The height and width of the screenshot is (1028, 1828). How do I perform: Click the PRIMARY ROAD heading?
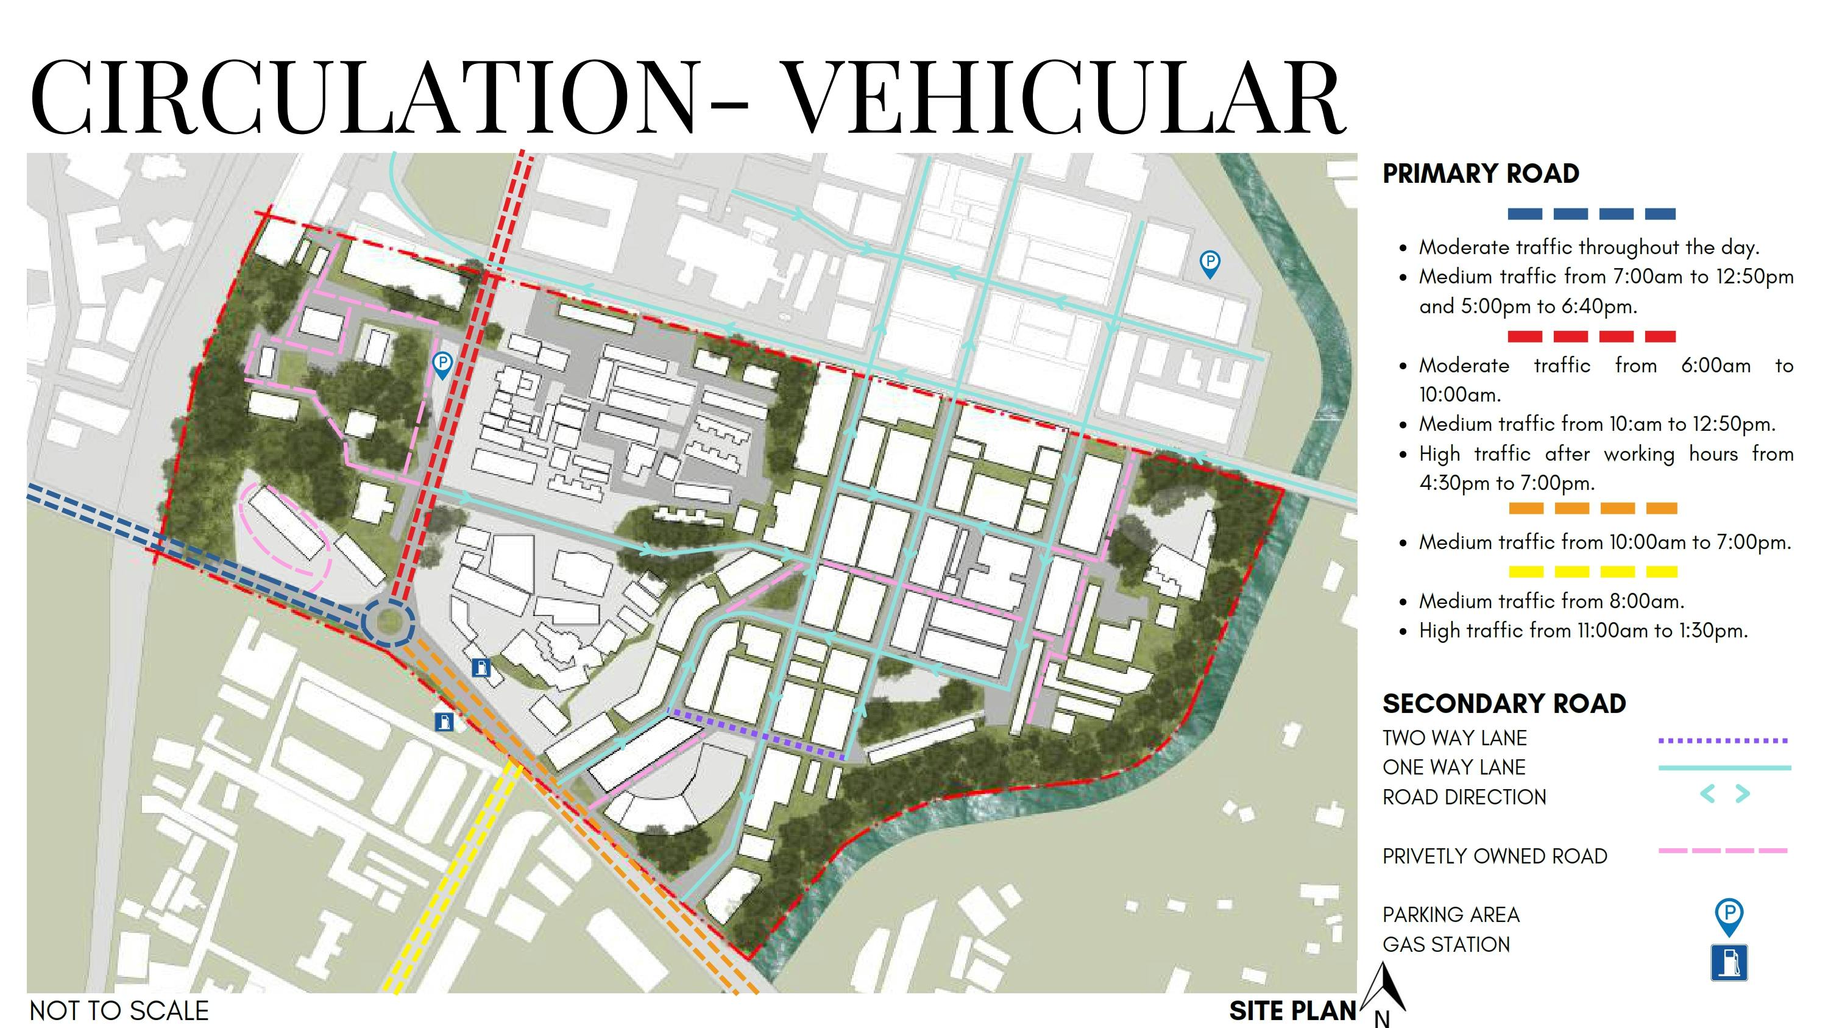[1480, 174]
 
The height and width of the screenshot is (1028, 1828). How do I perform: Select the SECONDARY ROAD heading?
[1504, 704]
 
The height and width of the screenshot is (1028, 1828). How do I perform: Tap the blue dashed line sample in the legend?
[1591, 213]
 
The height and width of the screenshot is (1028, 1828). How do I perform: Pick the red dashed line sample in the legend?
[1591, 336]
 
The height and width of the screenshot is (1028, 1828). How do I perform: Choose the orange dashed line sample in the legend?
[1592, 508]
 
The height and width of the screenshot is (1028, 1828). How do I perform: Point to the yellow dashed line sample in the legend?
[1592, 572]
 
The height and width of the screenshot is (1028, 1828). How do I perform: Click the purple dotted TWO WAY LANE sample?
[1723, 740]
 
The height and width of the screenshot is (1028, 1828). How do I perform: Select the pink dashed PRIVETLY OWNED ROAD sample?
[1723, 850]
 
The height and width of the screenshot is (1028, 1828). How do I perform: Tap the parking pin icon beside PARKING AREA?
[1729, 915]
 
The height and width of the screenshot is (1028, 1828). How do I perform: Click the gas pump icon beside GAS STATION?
[1729, 963]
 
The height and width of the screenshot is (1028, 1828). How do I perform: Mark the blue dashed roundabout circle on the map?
[388, 622]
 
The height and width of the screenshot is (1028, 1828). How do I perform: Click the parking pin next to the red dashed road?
[442, 364]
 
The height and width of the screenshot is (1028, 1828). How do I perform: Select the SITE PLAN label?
[1292, 1011]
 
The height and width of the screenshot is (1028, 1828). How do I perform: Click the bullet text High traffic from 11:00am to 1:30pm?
[1582, 631]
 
